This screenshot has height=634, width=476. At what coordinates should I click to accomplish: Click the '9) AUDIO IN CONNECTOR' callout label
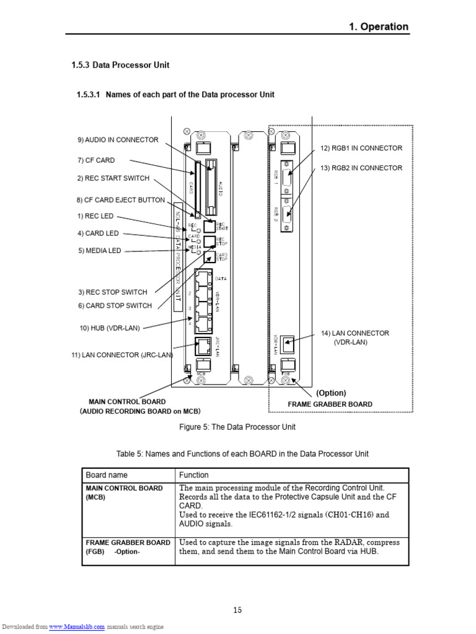[118, 140]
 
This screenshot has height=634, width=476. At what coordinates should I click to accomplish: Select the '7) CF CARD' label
[96, 160]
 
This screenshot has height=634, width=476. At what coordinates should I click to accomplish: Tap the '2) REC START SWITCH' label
[113, 178]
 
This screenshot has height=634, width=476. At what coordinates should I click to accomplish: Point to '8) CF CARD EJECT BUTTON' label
[121, 200]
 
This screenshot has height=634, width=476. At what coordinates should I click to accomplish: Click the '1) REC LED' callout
[95, 216]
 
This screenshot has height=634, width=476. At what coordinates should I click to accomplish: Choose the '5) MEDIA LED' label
[99, 251]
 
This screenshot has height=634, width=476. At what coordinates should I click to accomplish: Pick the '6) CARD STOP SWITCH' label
[115, 305]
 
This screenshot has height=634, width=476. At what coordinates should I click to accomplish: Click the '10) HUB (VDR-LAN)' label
[110, 328]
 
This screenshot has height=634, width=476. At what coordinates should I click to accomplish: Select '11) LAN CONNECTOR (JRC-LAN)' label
[123, 355]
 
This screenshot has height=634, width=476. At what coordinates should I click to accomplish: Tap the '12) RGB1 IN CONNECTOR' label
[361, 148]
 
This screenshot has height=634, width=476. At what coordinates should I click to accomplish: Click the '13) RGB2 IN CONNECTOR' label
[361, 168]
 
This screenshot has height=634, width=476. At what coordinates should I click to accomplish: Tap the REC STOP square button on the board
[209, 241]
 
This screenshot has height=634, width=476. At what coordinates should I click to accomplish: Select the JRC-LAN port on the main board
[203, 345]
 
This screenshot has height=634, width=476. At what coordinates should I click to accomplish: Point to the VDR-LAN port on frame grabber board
[286, 342]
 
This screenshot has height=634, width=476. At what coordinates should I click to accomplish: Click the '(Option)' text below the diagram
[331, 393]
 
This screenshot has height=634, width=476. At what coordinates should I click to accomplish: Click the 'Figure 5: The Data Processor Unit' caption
[237, 427]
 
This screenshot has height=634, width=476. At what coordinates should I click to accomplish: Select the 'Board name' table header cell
[107, 475]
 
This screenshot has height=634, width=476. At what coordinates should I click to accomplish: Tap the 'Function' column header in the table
[194, 475]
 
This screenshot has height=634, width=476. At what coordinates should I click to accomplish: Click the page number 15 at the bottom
[237, 610]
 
